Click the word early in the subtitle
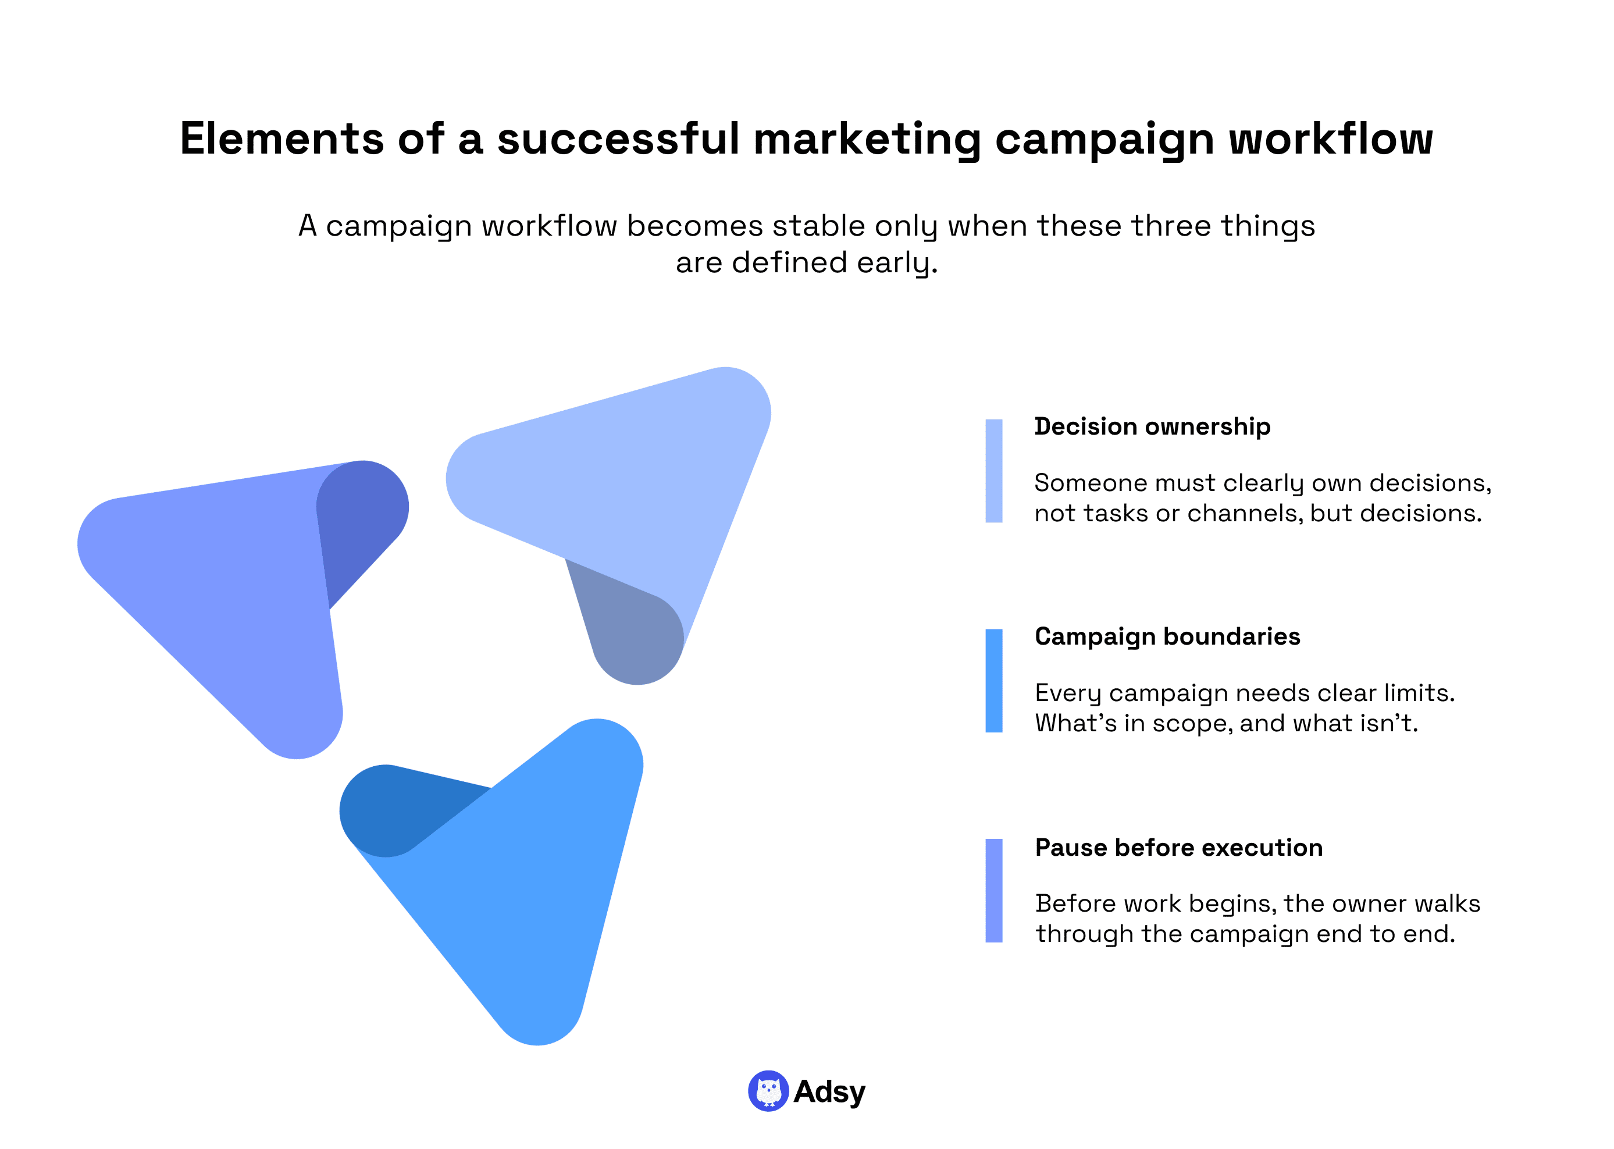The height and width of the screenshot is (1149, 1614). tap(897, 263)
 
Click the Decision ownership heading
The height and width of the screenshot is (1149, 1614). tap(1152, 426)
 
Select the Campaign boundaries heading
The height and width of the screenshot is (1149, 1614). tap(1167, 637)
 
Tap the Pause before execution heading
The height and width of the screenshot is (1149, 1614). tap(1178, 848)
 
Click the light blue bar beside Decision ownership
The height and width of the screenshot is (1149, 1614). tap(994, 471)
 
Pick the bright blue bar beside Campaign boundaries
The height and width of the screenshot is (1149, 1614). tap(994, 681)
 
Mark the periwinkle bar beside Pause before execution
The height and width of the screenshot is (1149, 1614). tap(994, 891)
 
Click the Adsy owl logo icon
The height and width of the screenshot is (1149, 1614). tap(768, 1091)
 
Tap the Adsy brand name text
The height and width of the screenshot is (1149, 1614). tap(829, 1091)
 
